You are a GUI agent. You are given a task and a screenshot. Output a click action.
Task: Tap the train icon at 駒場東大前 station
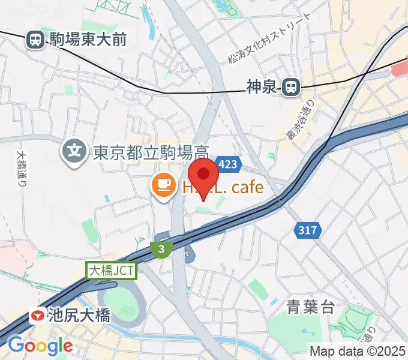35,40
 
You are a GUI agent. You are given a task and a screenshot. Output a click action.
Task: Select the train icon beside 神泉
292,87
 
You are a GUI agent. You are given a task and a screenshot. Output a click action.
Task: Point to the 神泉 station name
262,88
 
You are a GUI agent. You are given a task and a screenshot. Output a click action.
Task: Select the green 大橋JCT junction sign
113,271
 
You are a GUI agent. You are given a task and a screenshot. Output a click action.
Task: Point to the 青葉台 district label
310,308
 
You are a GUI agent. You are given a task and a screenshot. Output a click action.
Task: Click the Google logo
40,346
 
